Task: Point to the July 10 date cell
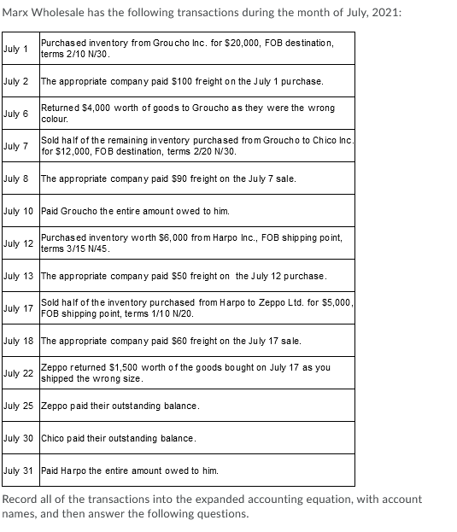(20, 211)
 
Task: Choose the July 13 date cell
(20, 276)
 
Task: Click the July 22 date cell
(20, 373)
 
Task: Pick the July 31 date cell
(20, 471)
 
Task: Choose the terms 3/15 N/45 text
(78, 248)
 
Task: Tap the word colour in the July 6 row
(56, 120)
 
